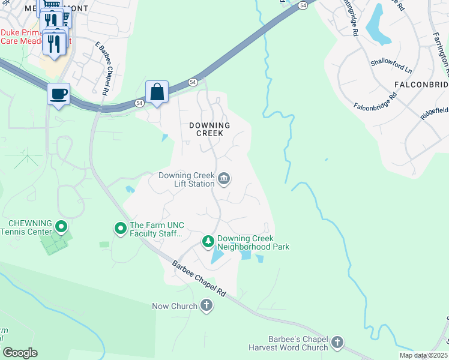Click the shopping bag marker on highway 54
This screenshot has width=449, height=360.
[157, 92]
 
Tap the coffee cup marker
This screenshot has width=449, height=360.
[58, 94]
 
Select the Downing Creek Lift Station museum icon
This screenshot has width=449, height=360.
[224, 179]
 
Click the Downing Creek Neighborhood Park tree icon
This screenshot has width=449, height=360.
[208, 241]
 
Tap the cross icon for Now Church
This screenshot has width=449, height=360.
[206, 306]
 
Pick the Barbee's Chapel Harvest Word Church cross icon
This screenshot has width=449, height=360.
[337, 343]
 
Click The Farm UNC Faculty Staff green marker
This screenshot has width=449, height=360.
[120, 228]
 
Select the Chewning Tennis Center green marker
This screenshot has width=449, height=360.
[61, 227]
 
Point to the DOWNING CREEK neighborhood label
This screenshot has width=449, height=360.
[209, 130]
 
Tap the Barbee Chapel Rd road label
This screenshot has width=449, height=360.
[199, 277]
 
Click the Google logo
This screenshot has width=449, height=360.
[20, 353]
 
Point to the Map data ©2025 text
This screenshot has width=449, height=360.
[423, 355]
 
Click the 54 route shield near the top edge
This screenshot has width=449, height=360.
[304, 5]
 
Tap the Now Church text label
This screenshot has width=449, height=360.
[174, 306]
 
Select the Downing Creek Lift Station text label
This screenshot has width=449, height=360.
[186, 179]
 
